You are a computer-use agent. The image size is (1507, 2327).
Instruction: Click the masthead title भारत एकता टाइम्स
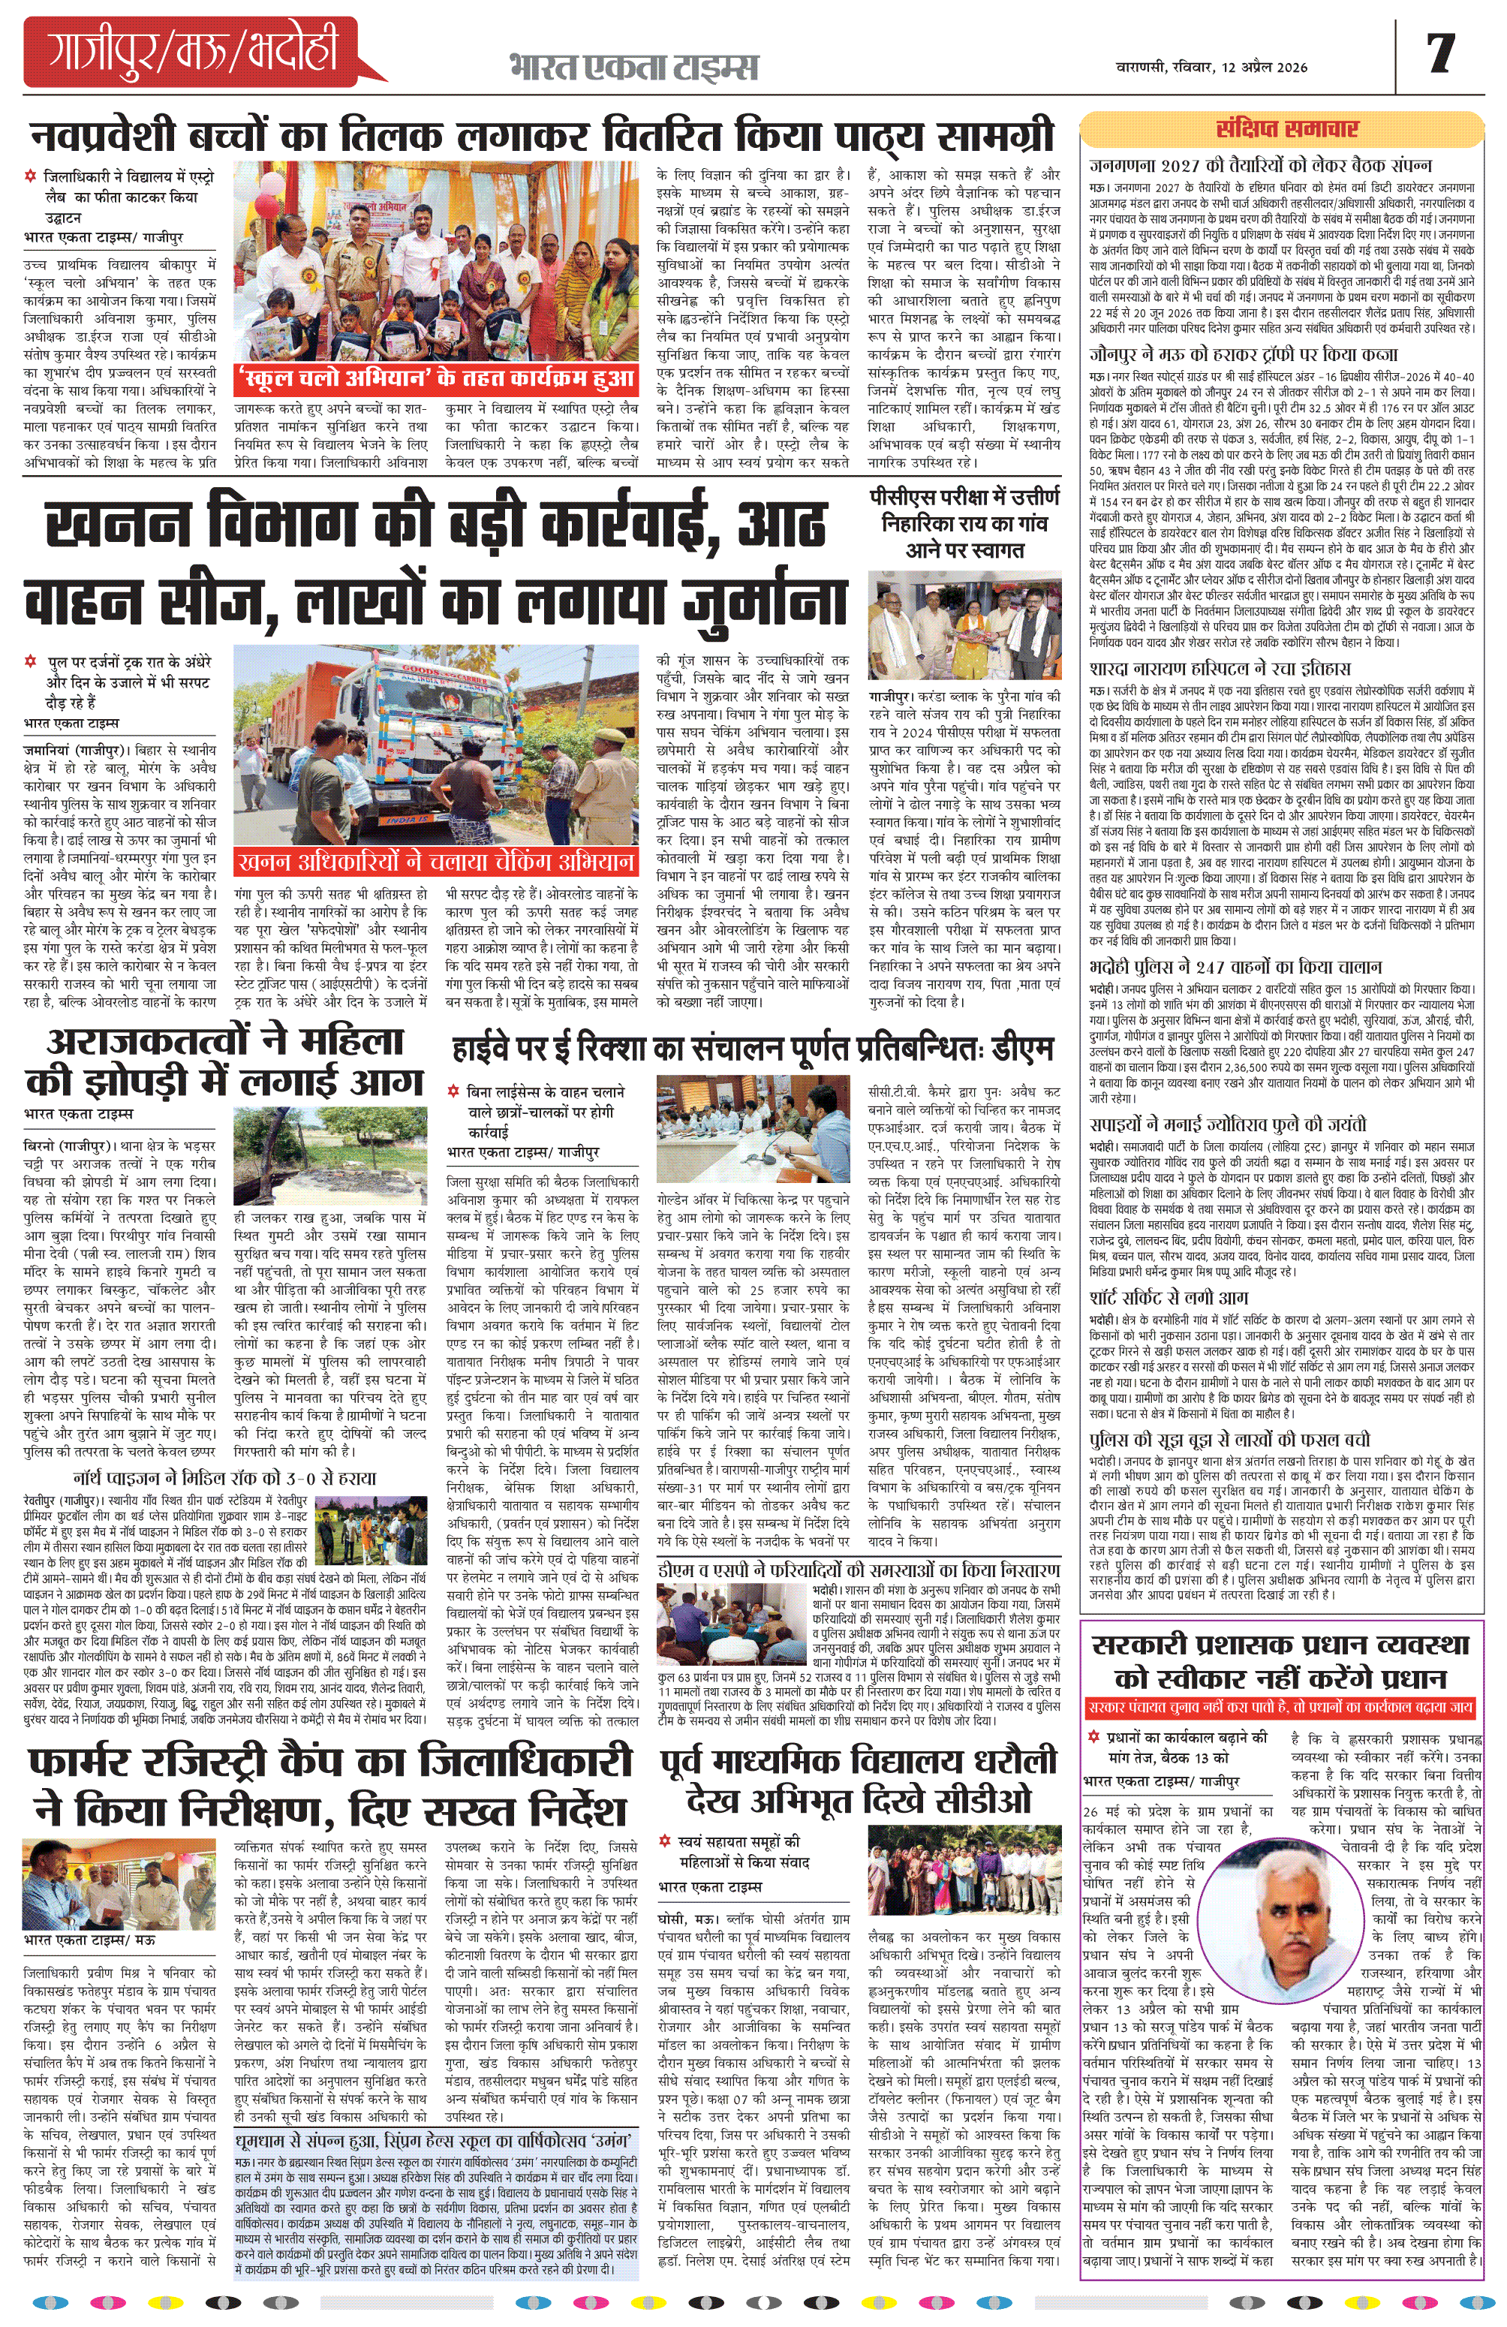(633, 68)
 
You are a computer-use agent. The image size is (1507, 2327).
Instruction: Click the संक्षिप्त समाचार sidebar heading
(1286, 129)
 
